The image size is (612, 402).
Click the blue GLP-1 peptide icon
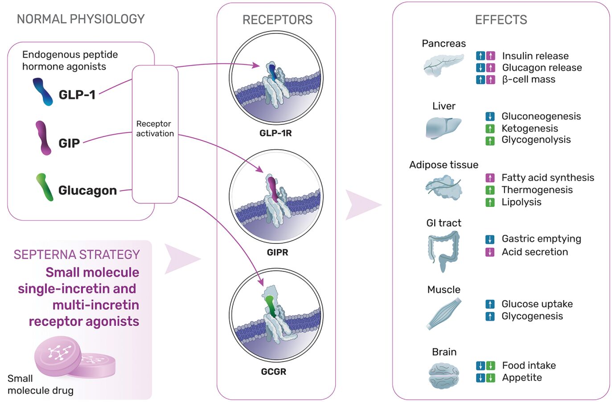(x=43, y=92)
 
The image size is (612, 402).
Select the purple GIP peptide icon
(x=43, y=138)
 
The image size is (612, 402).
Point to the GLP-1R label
(x=275, y=133)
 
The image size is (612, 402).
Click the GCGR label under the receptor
(x=274, y=372)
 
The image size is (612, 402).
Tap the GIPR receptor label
(x=277, y=252)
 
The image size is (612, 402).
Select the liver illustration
(x=443, y=127)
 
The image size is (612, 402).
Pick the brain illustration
(x=444, y=375)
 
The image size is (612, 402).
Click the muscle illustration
(x=444, y=314)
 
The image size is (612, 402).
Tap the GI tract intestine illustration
(x=443, y=250)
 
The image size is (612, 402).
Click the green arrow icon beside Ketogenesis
(x=490, y=129)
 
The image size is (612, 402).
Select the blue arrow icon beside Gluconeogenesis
(x=490, y=117)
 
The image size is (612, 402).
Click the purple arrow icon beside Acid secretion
(x=490, y=252)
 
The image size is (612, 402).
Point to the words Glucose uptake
(x=537, y=304)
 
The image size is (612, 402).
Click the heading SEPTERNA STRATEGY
(x=77, y=254)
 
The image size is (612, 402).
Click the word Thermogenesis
(x=537, y=190)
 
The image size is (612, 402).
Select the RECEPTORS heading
(x=277, y=20)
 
